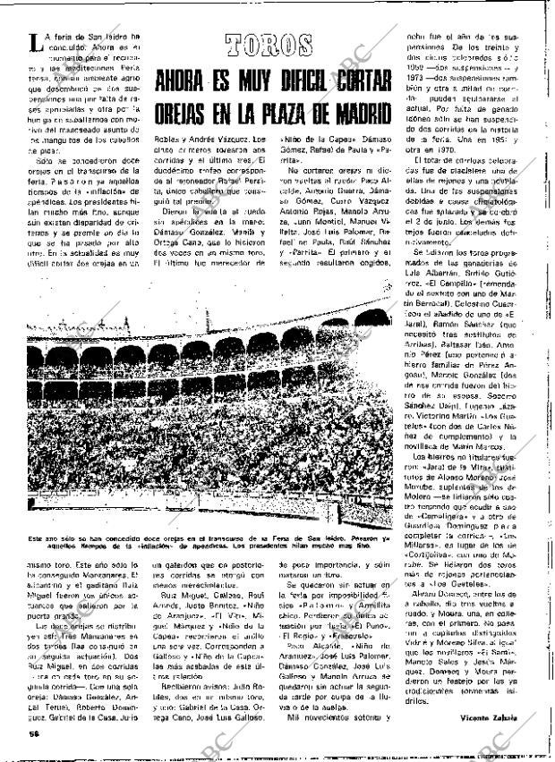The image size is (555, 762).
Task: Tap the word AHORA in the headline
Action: (x=185, y=81)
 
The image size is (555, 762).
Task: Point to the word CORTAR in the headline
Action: (x=361, y=81)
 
